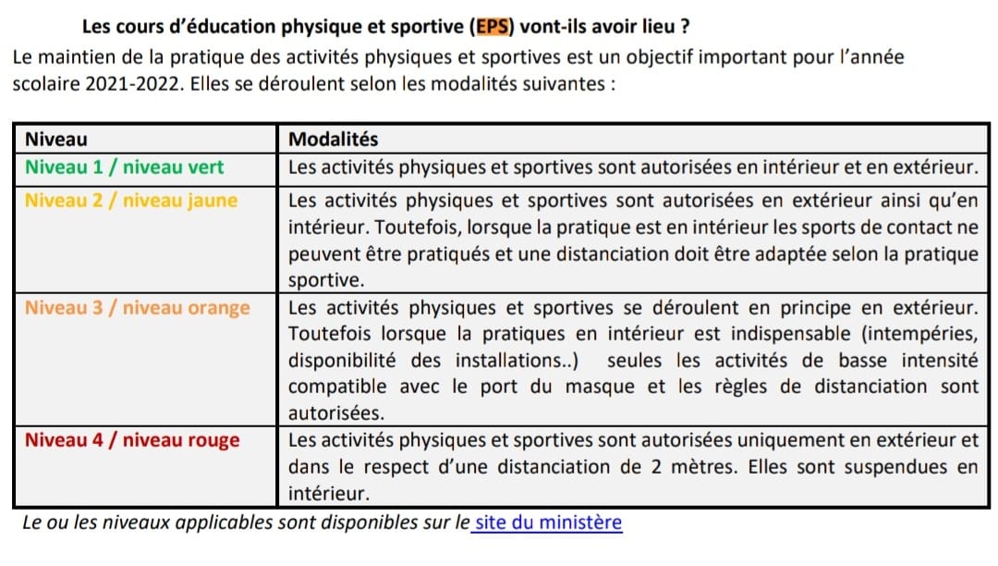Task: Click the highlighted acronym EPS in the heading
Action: pos(494,26)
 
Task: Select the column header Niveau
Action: pos(55,140)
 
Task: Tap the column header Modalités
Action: pos(334,140)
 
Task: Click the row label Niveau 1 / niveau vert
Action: pos(124,168)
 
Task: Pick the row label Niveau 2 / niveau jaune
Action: pos(130,201)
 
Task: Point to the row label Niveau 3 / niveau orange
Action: pos(137,308)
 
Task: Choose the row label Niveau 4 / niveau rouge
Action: pos(131,440)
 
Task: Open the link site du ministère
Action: pos(548,523)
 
